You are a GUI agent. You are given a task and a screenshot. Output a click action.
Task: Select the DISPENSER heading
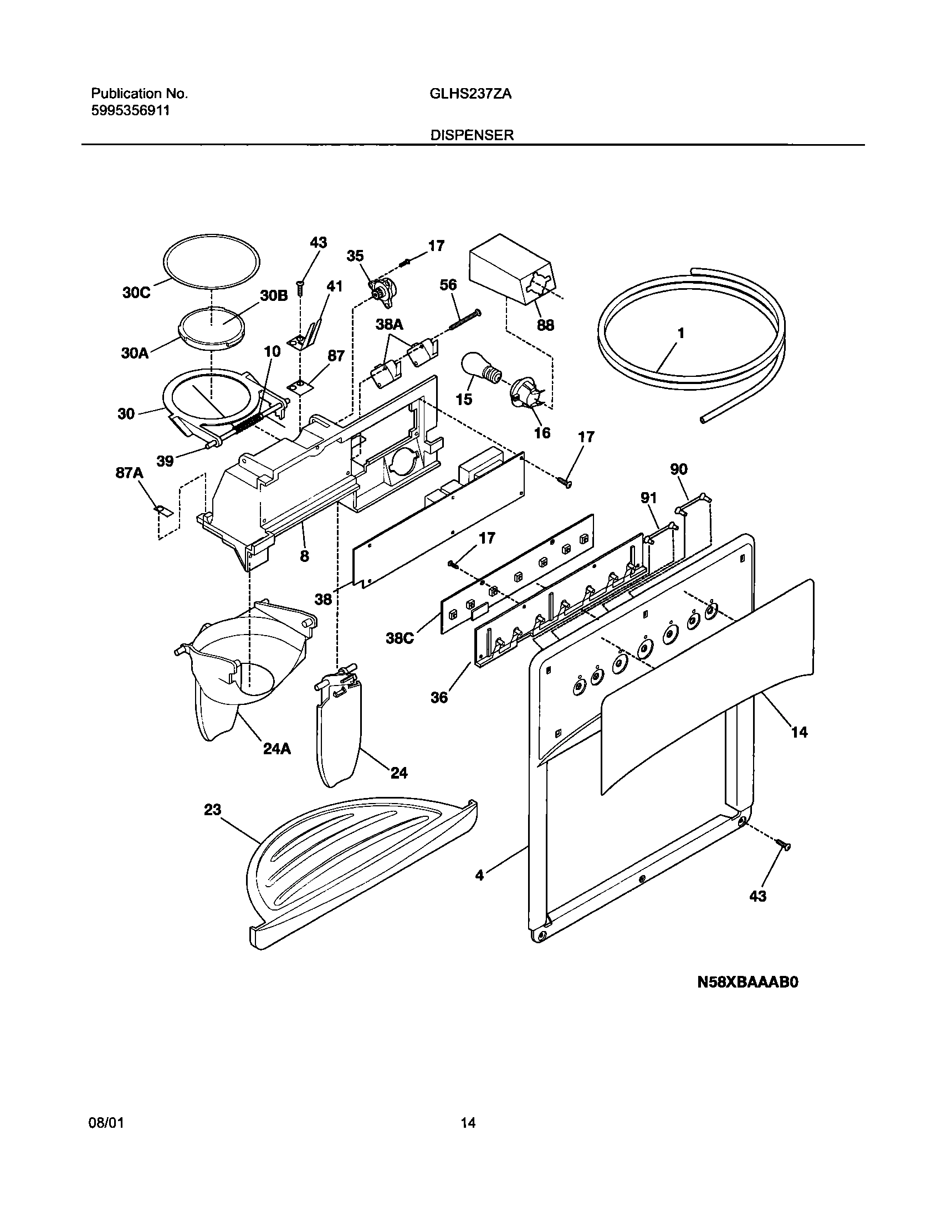pyautogui.click(x=473, y=135)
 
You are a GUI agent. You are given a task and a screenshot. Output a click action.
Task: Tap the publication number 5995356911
pyautogui.click(x=130, y=110)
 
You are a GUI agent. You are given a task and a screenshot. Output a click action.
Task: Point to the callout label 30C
pyautogui.click(x=136, y=293)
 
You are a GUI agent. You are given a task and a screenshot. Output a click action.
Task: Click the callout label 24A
pyautogui.click(x=277, y=749)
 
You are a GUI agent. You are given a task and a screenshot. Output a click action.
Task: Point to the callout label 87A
pyautogui.click(x=130, y=473)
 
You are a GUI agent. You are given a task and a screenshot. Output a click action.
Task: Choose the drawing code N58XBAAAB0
pyautogui.click(x=747, y=983)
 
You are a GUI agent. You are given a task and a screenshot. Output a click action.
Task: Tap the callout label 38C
pyautogui.click(x=400, y=638)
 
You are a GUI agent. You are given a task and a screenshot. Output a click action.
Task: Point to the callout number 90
pyautogui.click(x=679, y=469)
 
